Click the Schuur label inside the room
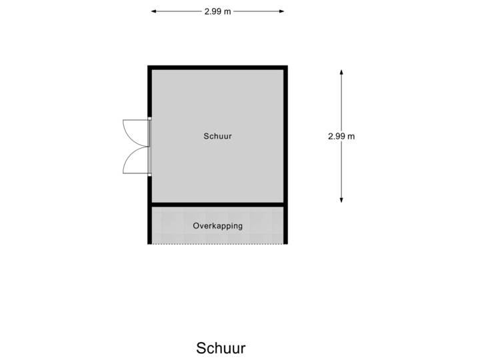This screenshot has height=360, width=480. coord(217,136)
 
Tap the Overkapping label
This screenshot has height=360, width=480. coord(217,226)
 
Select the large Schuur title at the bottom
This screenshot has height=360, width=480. coord(221,348)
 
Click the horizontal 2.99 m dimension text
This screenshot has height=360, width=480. coord(217,11)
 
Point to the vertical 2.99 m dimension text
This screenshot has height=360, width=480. coord(341,136)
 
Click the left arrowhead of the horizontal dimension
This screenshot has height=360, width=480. coord(154,11)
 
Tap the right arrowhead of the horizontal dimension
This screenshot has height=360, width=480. coord(281,11)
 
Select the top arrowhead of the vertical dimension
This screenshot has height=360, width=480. coord(341,72)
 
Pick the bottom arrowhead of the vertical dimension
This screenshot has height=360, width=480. coord(341,200)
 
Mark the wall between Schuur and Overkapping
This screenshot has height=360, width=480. coord(217,205)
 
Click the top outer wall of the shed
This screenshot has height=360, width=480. coord(217,67)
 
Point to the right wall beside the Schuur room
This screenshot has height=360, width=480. coord(285,136)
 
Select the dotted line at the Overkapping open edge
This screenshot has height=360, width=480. coord(217,244)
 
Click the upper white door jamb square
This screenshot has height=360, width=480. coord(150,119)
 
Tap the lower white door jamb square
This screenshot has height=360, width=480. coord(150,175)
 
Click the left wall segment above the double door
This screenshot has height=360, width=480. coord(150,91)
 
